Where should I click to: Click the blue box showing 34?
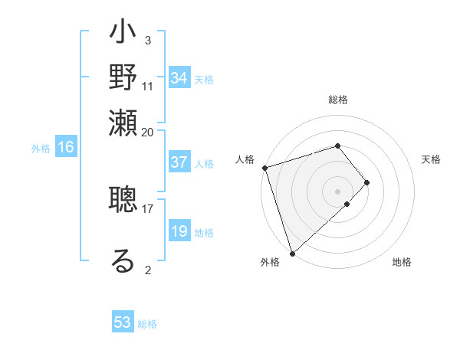tap(179, 77)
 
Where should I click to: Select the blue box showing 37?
tap(179, 162)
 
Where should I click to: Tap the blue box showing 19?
tap(179, 231)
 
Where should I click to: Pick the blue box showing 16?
tap(66, 148)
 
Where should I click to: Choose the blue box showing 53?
tap(123, 322)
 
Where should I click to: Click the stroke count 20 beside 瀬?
tap(148, 131)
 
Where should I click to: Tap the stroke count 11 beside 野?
tap(148, 86)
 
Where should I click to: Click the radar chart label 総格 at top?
tap(338, 100)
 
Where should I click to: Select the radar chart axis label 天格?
tap(431, 159)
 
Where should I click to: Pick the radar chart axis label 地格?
tap(402, 263)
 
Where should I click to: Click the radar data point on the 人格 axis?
tap(264, 168)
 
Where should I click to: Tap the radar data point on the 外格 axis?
tap(292, 253)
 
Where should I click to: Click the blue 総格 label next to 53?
tap(147, 324)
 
